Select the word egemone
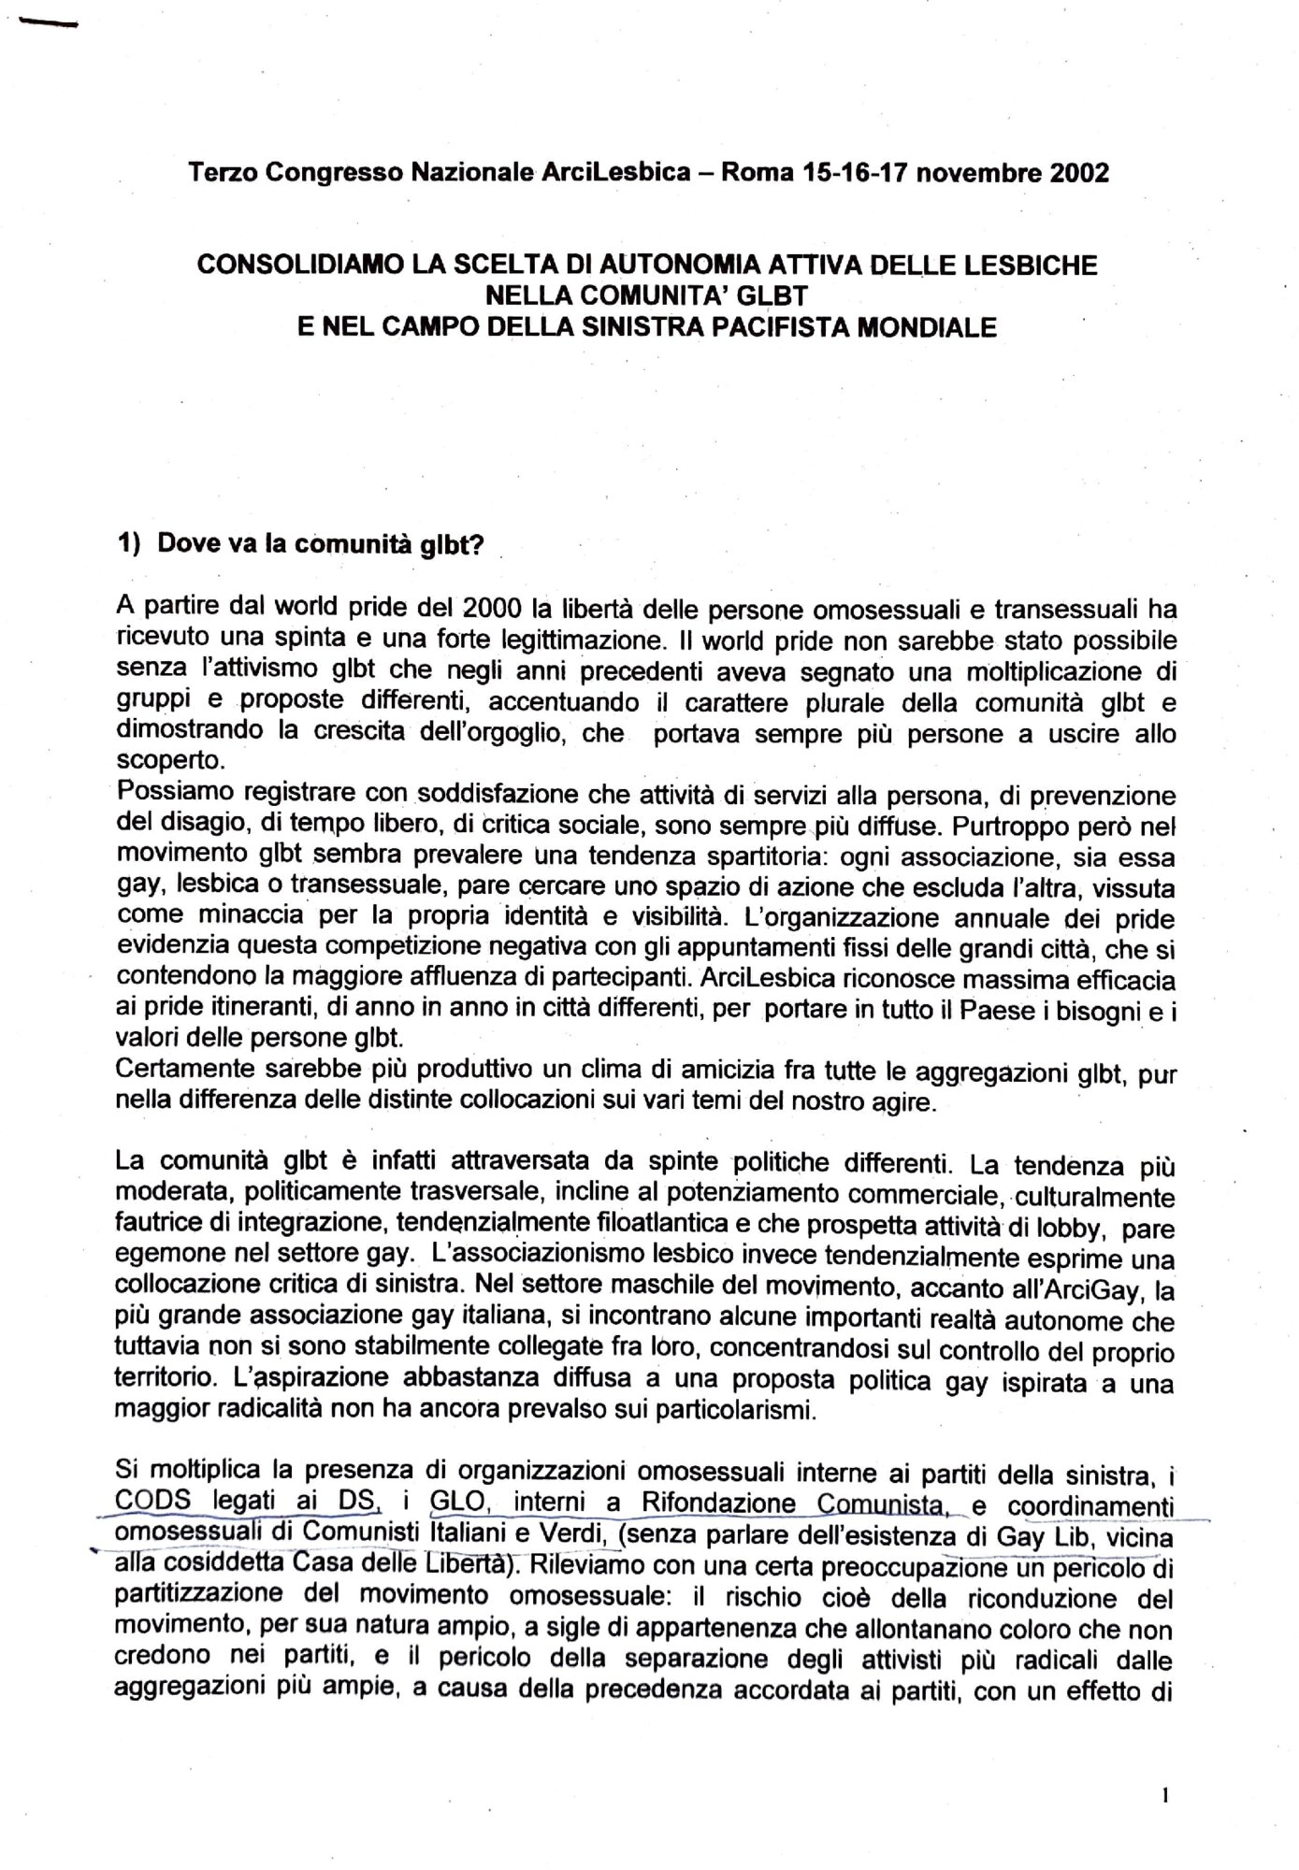tap(164, 1258)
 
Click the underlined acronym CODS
tap(152, 1504)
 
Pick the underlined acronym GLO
tap(455, 1504)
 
